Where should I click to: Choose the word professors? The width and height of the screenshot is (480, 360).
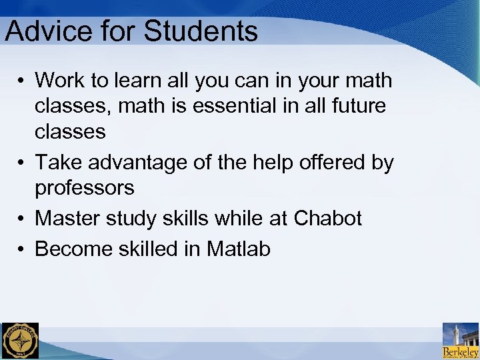click(x=84, y=189)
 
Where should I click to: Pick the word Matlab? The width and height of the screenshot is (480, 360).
click(x=239, y=249)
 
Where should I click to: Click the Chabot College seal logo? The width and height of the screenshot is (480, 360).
click(x=20, y=341)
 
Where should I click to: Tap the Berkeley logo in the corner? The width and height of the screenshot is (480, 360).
click(x=461, y=341)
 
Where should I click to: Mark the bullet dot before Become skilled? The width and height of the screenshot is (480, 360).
click(x=22, y=249)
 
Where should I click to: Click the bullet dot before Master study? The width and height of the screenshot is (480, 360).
click(x=22, y=219)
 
